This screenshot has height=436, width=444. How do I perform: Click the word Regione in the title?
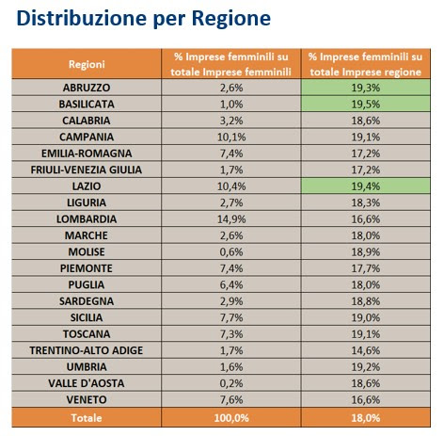pos(231,18)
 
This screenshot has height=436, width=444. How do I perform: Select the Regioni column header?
pos(87,64)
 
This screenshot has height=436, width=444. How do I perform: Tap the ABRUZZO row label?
pos(87,88)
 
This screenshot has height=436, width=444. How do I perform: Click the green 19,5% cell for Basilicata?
pos(366,104)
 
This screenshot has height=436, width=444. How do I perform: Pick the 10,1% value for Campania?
pos(231,137)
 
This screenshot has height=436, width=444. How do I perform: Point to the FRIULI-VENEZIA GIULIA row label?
pos(87,170)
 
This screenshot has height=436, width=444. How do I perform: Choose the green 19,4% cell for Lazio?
pos(366,186)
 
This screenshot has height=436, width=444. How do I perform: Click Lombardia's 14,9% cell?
pos(231,219)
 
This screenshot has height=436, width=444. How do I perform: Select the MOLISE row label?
pos(87,251)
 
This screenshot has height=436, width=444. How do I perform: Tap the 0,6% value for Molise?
pos(231,251)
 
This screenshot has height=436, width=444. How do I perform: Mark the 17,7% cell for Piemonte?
pos(366,268)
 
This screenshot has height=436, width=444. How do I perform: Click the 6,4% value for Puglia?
pos(231,284)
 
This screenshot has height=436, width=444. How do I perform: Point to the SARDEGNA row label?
pos(87,301)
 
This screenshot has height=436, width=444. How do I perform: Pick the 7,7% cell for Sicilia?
pos(231,317)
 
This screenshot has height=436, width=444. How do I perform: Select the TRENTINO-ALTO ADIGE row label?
pos(87,350)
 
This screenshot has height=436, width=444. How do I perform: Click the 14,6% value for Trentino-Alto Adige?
pos(366,350)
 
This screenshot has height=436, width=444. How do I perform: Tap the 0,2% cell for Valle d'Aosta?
pos(231,383)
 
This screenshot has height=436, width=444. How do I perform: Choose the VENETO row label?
pos(87,399)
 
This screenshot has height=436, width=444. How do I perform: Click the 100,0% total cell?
pos(231,418)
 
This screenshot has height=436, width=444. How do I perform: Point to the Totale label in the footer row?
pos(87,418)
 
